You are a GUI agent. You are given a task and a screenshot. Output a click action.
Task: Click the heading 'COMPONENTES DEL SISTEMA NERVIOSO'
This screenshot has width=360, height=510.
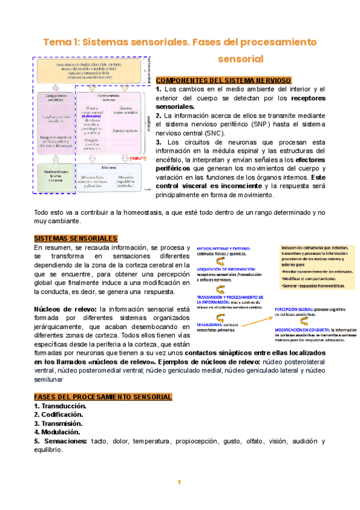click(x=224, y=80)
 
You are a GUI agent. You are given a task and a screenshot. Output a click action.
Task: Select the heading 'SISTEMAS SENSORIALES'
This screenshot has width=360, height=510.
click(x=76, y=238)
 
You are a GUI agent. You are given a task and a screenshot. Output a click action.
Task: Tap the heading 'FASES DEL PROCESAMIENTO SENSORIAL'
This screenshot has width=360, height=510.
click(x=103, y=397)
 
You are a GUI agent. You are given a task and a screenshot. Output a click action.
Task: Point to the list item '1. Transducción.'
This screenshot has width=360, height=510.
click(x=60, y=406)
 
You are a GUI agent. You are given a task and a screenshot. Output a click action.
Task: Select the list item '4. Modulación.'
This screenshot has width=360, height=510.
click(x=57, y=432)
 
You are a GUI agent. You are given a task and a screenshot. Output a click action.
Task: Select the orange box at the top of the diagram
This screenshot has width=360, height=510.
click(x=90, y=70)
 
